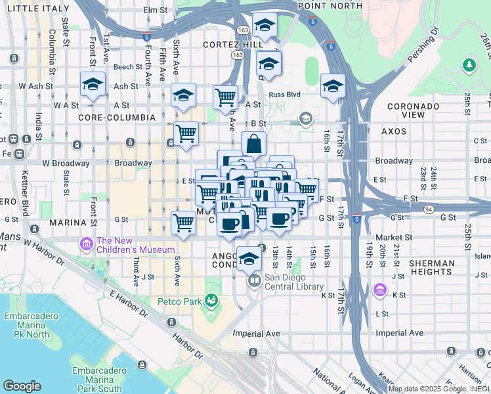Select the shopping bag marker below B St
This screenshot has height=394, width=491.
click(x=253, y=144)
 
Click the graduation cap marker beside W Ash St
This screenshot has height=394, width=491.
click(x=93, y=85)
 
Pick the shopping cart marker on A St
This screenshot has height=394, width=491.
click(x=225, y=97)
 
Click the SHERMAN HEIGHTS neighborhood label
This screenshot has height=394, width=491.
click(x=431, y=268)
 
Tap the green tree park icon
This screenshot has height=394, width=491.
click(x=469, y=65)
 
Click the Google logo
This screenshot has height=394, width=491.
click(x=22, y=386)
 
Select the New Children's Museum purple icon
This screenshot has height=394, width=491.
click(x=85, y=245)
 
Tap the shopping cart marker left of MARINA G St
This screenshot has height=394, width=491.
click(x=183, y=223)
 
